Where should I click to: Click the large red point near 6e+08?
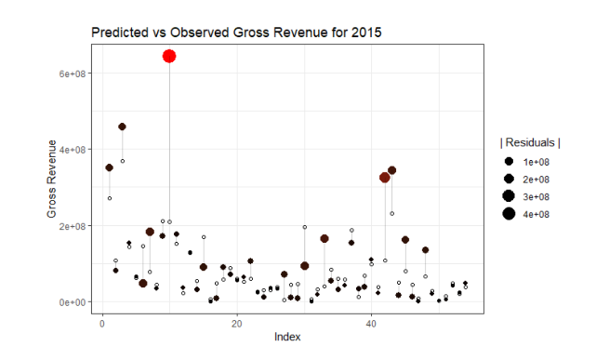pyautogui.click(x=169, y=56)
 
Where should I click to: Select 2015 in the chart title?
pyautogui.click(x=365, y=33)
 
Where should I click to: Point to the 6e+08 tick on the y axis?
pyautogui.click(x=73, y=73)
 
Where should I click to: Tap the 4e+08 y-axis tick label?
pyautogui.click(x=73, y=149)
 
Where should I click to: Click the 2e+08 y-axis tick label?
pyautogui.click(x=73, y=226)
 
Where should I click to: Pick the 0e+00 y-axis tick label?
pyautogui.click(x=73, y=302)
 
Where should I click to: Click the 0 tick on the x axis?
pyautogui.click(x=102, y=324)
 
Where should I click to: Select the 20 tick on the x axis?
pyautogui.click(x=237, y=324)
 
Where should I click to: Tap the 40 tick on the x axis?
pyautogui.click(x=371, y=324)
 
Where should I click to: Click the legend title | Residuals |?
pyautogui.click(x=530, y=142)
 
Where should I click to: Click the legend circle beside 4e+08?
pyautogui.click(x=509, y=214)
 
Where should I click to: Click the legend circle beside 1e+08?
pyautogui.click(x=509, y=163)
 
